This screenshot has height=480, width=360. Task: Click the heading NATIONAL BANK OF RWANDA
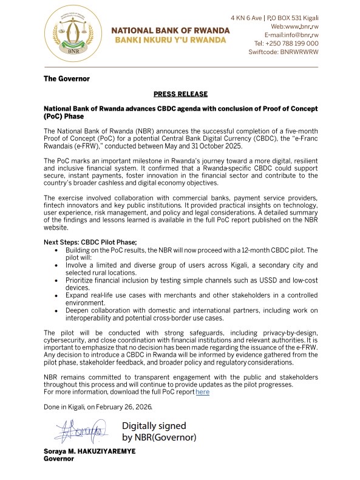point(170,30)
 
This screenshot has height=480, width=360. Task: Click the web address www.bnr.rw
point(302,27)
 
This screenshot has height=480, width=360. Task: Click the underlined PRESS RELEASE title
point(180,94)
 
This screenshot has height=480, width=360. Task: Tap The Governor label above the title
point(66,79)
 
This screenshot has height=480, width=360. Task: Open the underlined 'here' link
point(202,393)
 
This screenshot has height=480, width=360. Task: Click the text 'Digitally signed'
point(154,426)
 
